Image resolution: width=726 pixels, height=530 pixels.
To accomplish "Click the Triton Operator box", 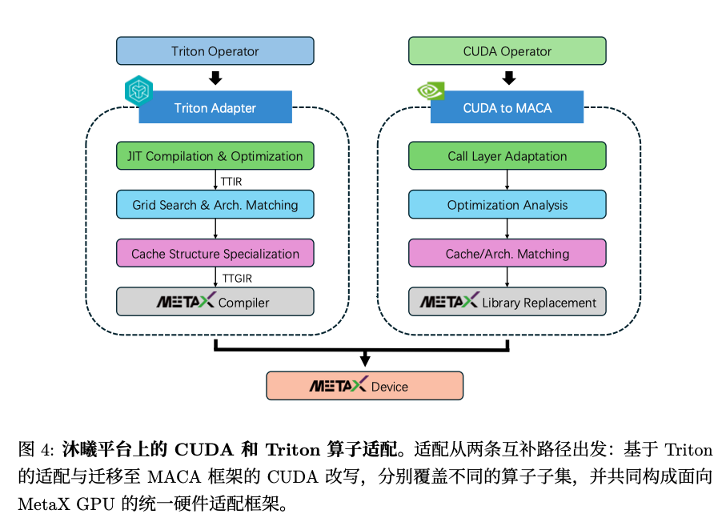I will click(215, 51).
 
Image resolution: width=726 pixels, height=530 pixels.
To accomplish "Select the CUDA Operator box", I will click(507, 51).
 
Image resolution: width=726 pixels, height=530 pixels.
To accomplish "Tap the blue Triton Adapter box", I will click(215, 108).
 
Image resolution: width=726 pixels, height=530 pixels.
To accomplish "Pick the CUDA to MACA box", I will click(507, 108).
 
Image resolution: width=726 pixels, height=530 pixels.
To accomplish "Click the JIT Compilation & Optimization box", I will click(215, 156).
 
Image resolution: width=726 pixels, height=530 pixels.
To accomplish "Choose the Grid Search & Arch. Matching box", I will click(215, 205).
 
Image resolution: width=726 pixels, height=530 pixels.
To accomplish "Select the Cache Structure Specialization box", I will click(215, 254).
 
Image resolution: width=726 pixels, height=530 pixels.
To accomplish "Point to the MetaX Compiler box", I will click(215, 302).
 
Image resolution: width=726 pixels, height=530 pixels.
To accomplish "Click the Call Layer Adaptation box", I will click(507, 156).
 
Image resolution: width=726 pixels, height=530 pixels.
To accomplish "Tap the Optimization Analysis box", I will click(507, 205).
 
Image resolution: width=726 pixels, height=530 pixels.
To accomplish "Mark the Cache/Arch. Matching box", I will click(507, 254).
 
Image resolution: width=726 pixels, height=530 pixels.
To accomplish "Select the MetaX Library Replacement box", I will click(507, 302).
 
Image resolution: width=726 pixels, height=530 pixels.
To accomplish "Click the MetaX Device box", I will click(364, 386).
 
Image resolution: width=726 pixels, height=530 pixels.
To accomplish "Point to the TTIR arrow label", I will click(231, 182).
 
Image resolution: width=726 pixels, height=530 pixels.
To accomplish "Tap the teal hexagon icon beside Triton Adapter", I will click(138, 90).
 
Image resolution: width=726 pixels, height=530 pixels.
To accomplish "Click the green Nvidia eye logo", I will click(431, 90).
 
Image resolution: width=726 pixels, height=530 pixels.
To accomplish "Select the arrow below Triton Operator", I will click(215, 78).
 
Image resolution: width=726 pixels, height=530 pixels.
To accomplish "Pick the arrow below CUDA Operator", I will click(508, 78).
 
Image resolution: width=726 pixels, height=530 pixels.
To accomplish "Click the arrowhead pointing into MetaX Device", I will click(365, 362).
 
